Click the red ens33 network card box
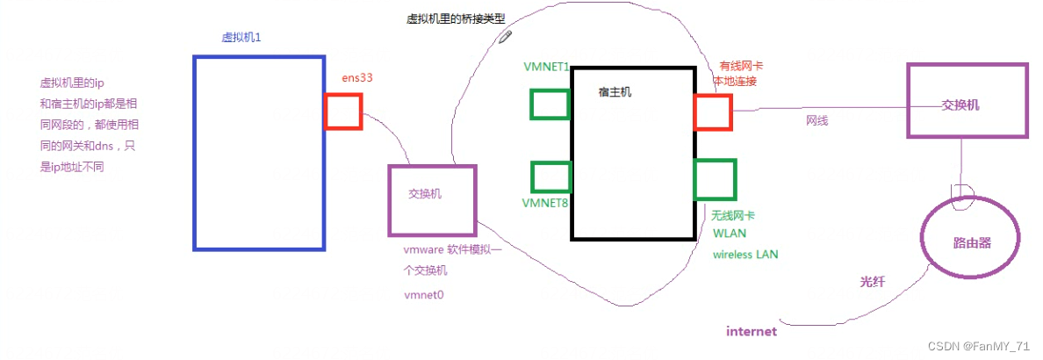pos(343,112)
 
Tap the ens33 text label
pos(357,78)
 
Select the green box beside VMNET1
pos(550,104)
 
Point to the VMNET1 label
pos(546,67)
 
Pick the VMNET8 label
pos(545,204)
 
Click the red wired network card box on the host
pos(712,112)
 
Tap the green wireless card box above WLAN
pos(715,179)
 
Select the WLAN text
pos(730,234)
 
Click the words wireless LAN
pos(744,255)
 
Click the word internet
pos(752,331)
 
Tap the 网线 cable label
pos(816,120)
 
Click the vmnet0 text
pos(424,294)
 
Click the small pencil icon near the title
pos(505,35)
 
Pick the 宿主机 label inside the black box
pos(615,91)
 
